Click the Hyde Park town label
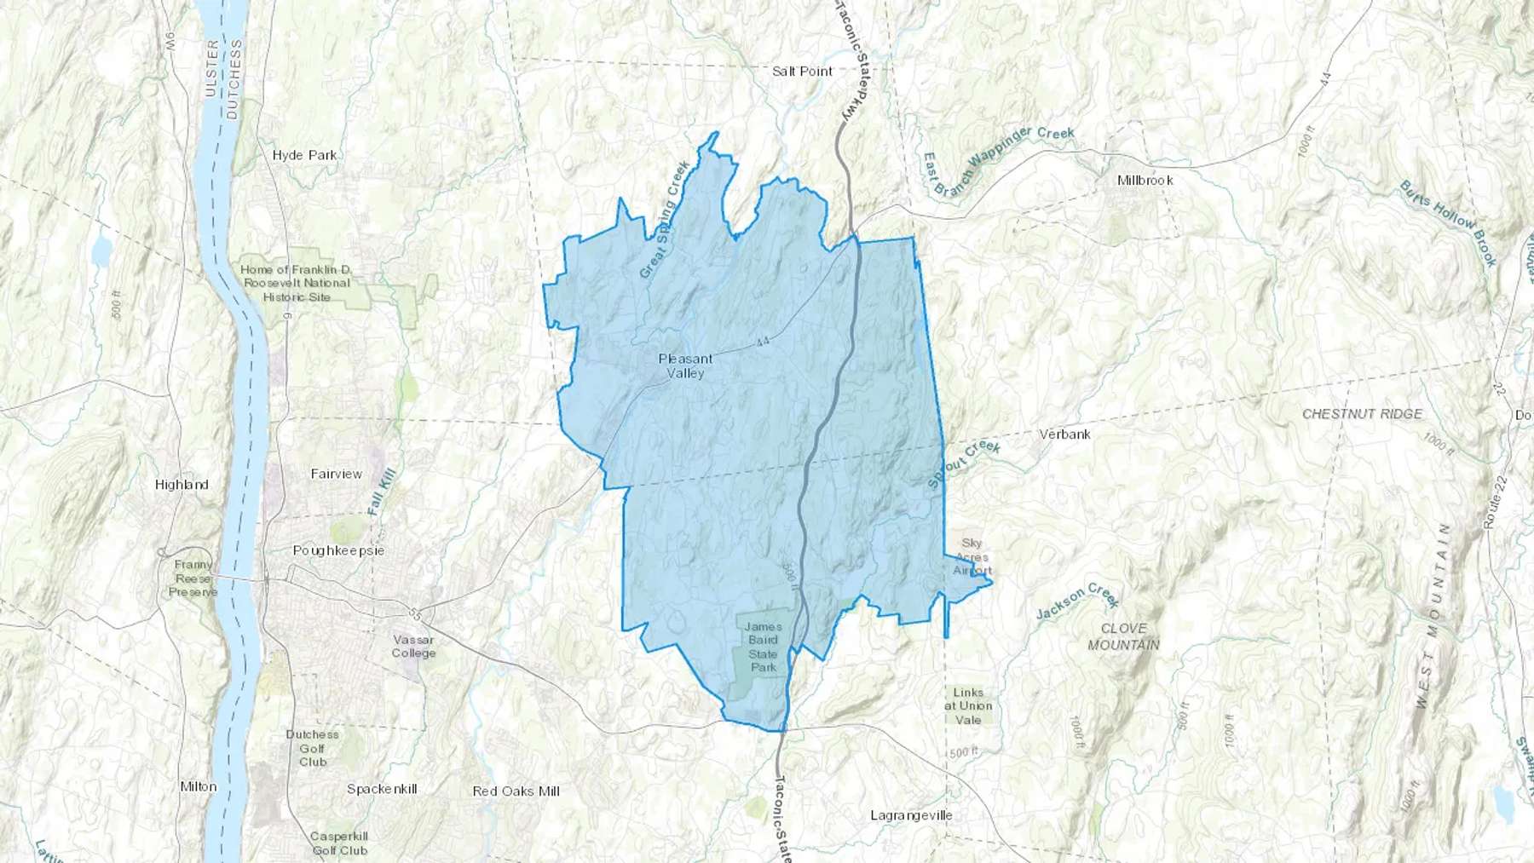point(304,155)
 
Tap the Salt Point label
point(802,71)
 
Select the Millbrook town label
point(1145,181)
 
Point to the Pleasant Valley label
point(685,365)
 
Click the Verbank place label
point(1064,434)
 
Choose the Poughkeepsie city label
point(338,550)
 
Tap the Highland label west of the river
point(182,484)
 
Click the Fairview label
point(336,474)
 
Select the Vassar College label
point(413,646)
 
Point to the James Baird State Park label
point(763,647)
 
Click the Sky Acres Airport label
point(972,556)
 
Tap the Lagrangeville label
point(911,815)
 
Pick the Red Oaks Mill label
point(516,791)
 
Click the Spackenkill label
point(382,789)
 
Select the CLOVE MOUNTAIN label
point(1123,636)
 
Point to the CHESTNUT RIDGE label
point(1362,414)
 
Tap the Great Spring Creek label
point(665,220)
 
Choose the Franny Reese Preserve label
point(193,578)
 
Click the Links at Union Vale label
point(968,705)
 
